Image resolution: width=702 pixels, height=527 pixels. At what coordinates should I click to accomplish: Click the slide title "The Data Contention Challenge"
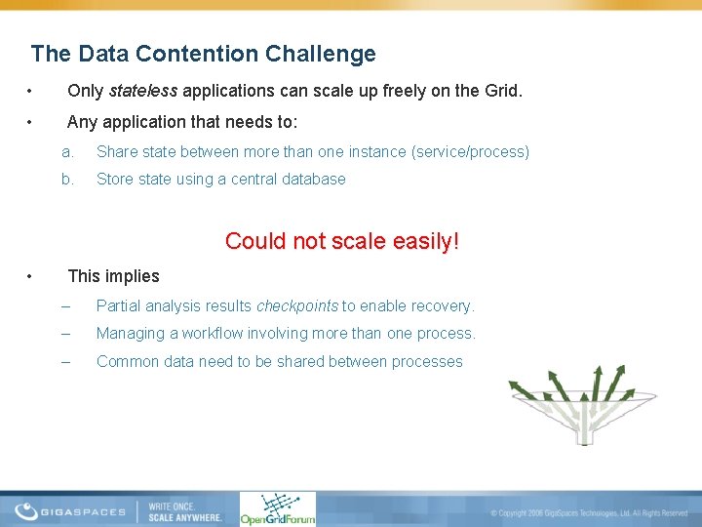pyautogui.click(x=203, y=54)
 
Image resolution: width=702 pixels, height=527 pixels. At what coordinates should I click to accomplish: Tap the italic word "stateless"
pyautogui.click(x=143, y=92)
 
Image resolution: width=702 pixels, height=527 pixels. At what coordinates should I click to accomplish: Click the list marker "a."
pyautogui.click(x=67, y=151)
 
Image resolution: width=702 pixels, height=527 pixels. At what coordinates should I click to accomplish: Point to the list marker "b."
pyautogui.click(x=67, y=179)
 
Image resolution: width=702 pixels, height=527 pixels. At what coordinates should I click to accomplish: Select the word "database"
pyautogui.click(x=314, y=179)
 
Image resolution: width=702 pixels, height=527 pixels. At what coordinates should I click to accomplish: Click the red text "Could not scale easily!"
pyautogui.click(x=341, y=240)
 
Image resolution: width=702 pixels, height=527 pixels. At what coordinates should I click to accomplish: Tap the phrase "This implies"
pyautogui.click(x=113, y=276)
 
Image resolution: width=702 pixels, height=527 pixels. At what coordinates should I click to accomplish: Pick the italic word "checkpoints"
pyautogui.click(x=296, y=305)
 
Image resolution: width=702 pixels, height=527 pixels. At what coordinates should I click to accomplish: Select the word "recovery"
pyautogui.click(x=440, y=305)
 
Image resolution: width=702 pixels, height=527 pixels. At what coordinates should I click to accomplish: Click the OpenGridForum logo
pyautogui.click(x=278, y=509)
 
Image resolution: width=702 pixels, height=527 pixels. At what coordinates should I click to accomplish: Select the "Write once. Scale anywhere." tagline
pyautogui.click(x=184, y=511)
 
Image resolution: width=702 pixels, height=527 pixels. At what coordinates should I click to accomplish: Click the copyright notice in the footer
pyautogui.click(x=589, y=512)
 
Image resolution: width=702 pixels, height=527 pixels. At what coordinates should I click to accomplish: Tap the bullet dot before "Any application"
pyautogui.click(x=32, y=123)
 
